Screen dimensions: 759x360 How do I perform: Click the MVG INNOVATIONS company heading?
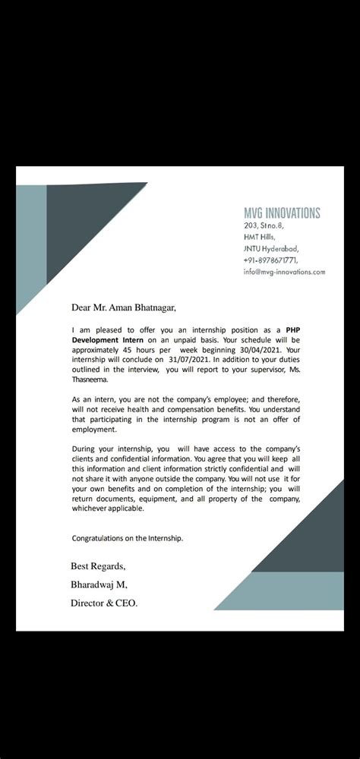[x=282, y=213]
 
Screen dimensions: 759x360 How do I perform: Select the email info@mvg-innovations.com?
[x=284, y=271]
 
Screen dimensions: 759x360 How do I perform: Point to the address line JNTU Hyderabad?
[x=271, y=248]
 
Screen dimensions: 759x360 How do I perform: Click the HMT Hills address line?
[x=259, y=237]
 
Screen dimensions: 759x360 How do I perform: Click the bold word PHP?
[x=293, y=330]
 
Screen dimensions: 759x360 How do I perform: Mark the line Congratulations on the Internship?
[x=128, y=538]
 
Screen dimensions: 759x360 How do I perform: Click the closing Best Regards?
[x=98, y=565]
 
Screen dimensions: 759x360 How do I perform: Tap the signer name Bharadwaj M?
[x=99, y=584]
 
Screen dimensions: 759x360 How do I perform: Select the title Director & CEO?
[x=105, y=603]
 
